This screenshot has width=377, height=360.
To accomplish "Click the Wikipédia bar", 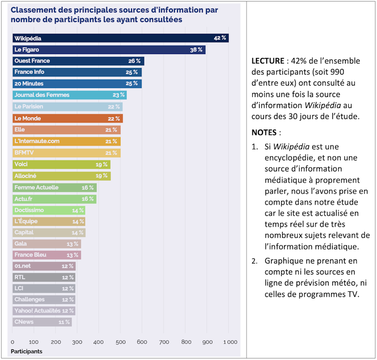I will (120, 38).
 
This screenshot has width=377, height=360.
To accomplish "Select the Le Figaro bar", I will (108, 49).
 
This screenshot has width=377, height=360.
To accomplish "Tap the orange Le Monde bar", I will (67, 118).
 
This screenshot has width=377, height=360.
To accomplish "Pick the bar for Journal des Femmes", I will (69, 95).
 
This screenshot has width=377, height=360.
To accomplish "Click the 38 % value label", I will (196, 49).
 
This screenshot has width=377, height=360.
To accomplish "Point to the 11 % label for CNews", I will (64, 322).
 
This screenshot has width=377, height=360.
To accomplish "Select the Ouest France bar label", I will (32, 61).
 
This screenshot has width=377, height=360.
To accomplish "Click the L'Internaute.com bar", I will (66, 141).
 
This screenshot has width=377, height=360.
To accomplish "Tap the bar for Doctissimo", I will (48, 210).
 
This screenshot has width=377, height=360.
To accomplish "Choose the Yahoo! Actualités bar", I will (43, 310).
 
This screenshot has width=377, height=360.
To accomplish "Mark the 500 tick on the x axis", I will (120, 342).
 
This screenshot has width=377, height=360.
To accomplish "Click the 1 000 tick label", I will (229, 342).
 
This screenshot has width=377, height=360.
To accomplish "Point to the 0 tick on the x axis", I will (12, 342).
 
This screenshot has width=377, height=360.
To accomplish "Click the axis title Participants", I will (26, 351).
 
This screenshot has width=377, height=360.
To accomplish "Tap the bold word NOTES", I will (264, 133).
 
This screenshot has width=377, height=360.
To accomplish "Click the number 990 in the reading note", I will (331, 71).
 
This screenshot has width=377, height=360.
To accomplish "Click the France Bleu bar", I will (46, 255).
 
